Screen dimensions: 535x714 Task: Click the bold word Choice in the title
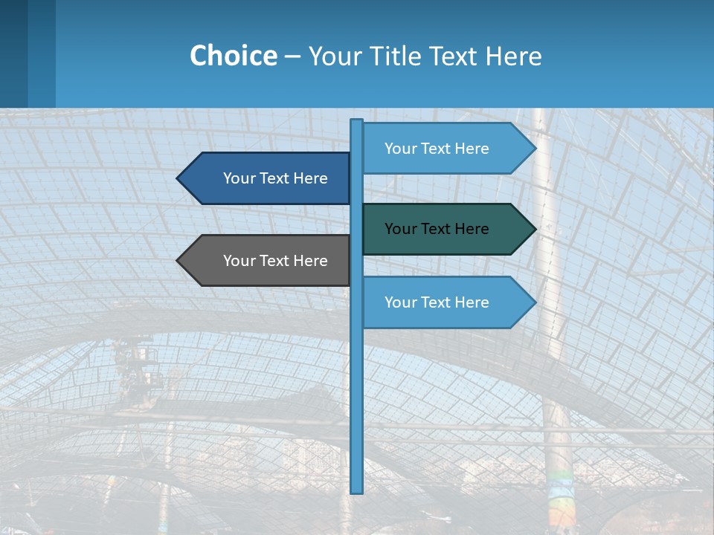tap(233, 56)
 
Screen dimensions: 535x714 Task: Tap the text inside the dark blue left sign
tap(275, 178)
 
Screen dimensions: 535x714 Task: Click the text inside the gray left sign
tap(275, 261)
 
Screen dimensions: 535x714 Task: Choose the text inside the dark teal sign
tap(437, 229)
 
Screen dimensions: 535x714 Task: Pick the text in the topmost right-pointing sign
tap(437, 149)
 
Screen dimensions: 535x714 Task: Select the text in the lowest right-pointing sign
tap(437, 302)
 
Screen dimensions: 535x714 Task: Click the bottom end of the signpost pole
tap(357, 490)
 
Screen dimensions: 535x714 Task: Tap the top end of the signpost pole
tap(357, 122)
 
